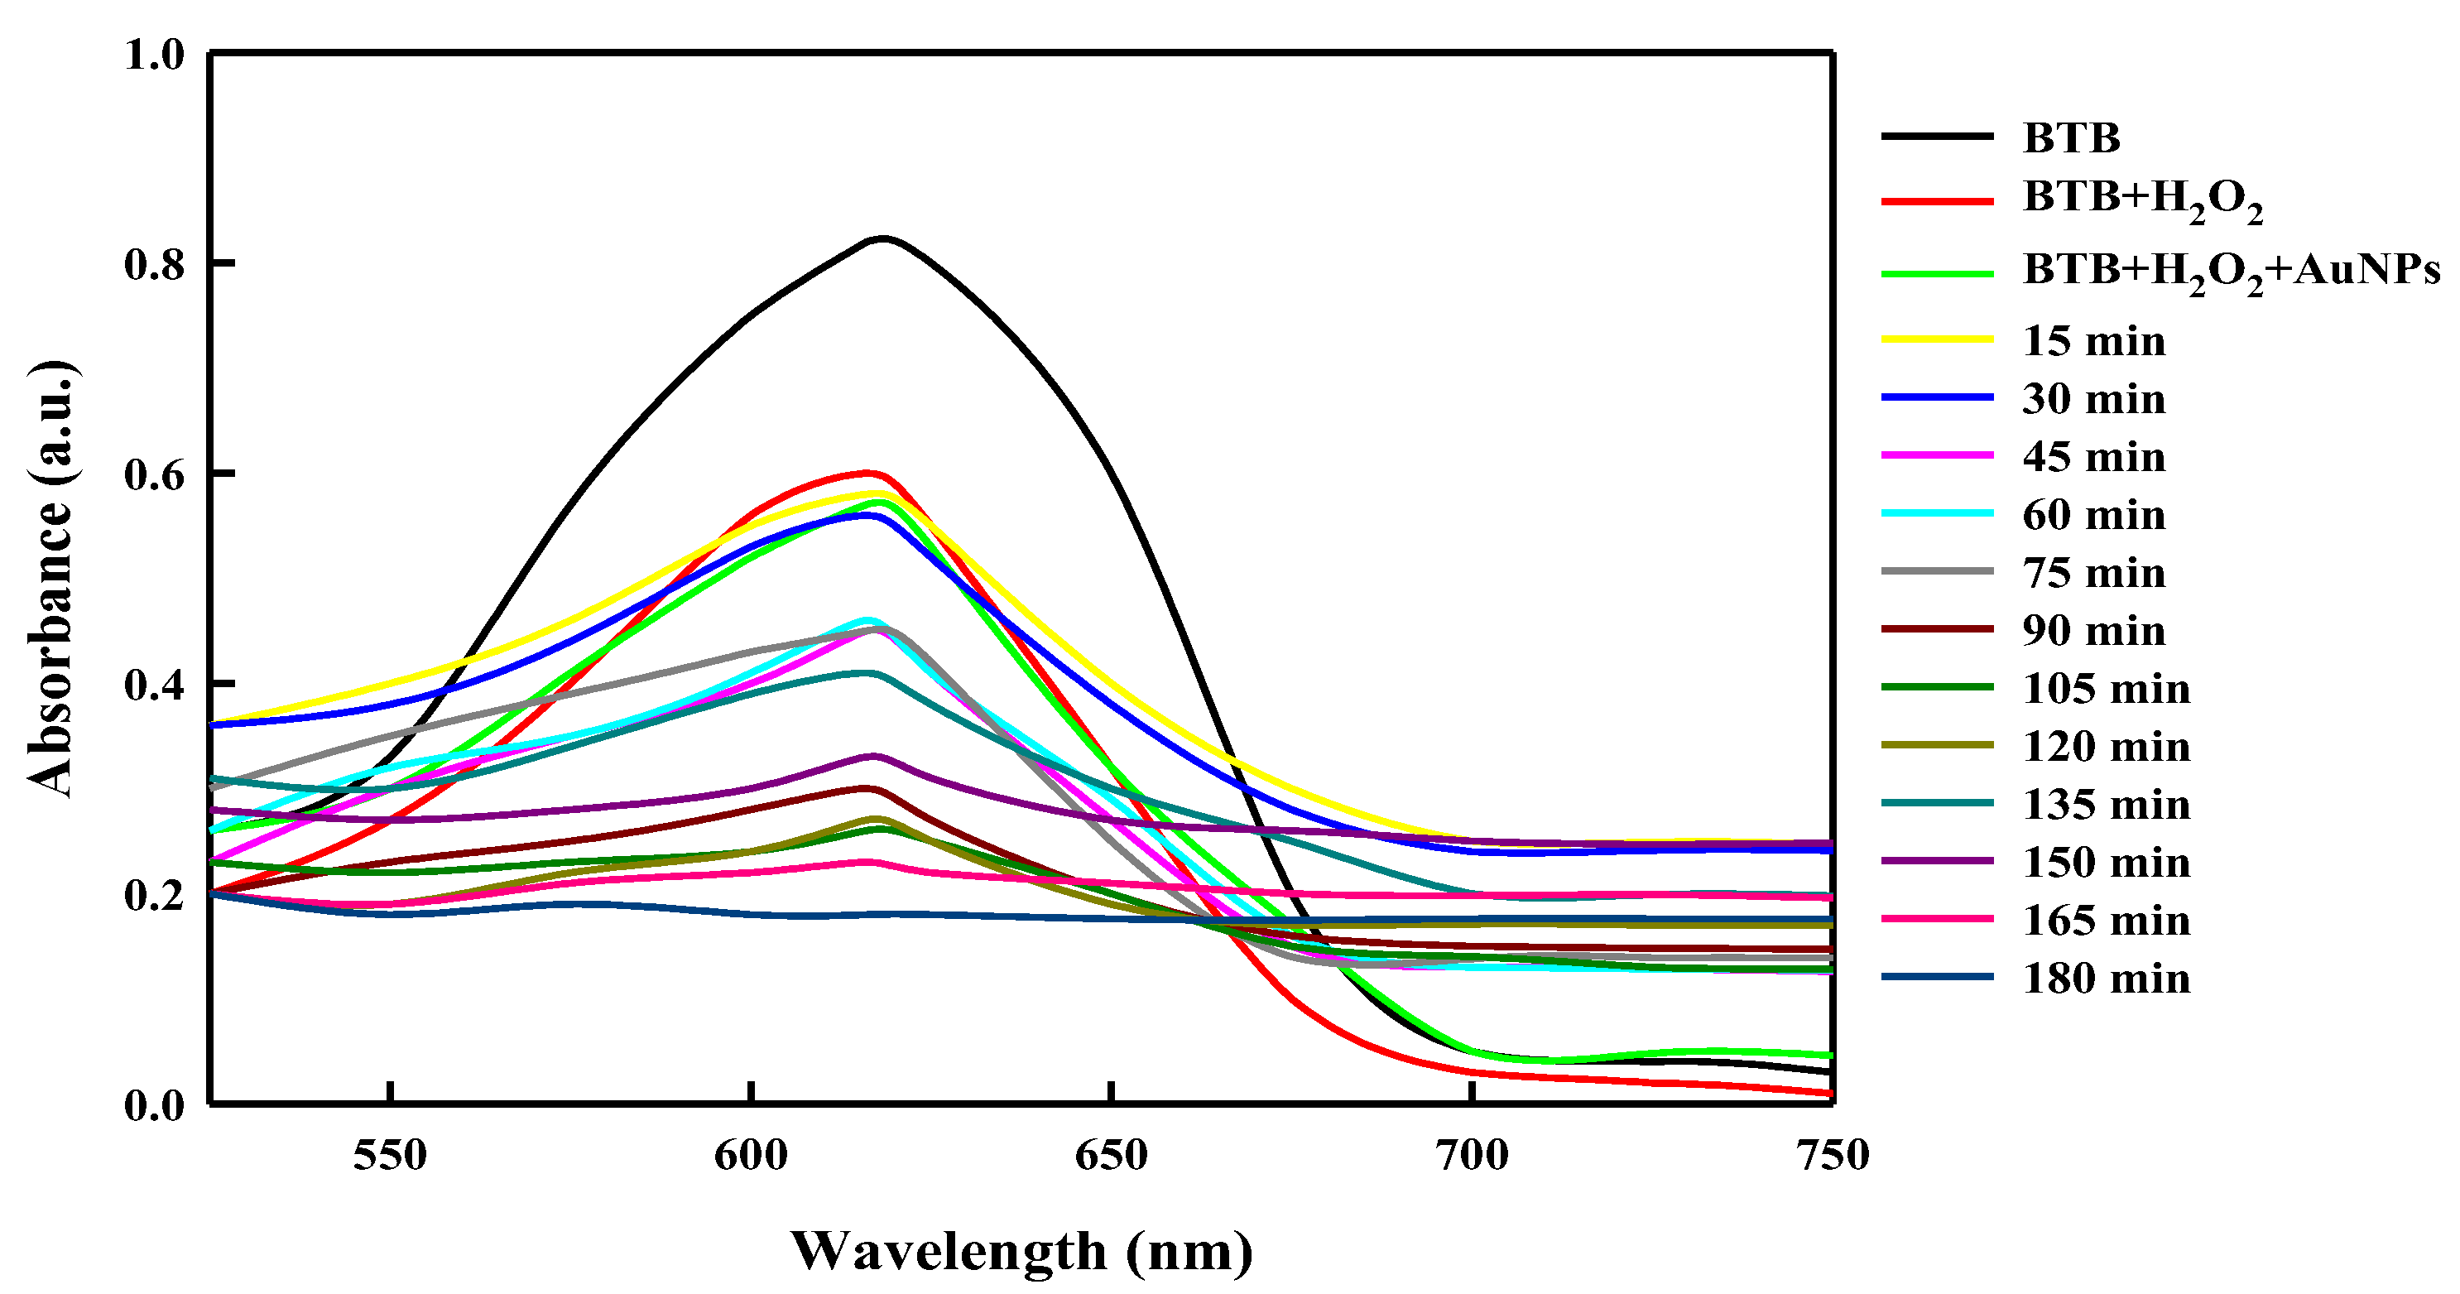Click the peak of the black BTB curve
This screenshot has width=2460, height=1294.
882,238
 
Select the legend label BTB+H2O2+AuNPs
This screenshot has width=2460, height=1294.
2231,272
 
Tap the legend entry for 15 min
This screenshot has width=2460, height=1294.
2093,341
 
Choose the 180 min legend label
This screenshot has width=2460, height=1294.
2106,979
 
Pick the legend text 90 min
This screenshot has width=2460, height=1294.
2093,630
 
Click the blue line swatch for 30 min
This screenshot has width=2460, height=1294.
1937,397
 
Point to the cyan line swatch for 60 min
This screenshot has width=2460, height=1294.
1937,514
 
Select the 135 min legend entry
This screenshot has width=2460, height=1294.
2106,804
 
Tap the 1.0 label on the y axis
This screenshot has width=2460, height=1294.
154,55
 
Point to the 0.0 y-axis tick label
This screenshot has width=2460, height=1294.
154,1105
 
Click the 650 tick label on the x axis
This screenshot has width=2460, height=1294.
1112,1156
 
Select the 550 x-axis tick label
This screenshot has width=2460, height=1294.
390,1156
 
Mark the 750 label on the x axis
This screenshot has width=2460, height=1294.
1832,1156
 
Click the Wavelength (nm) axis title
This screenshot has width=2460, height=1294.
1021,1251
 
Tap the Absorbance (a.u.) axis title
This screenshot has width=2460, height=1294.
50,579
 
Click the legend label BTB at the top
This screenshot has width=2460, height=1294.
2070,138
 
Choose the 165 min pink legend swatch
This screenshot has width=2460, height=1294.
1937,919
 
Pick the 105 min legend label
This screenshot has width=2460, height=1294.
2106,689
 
